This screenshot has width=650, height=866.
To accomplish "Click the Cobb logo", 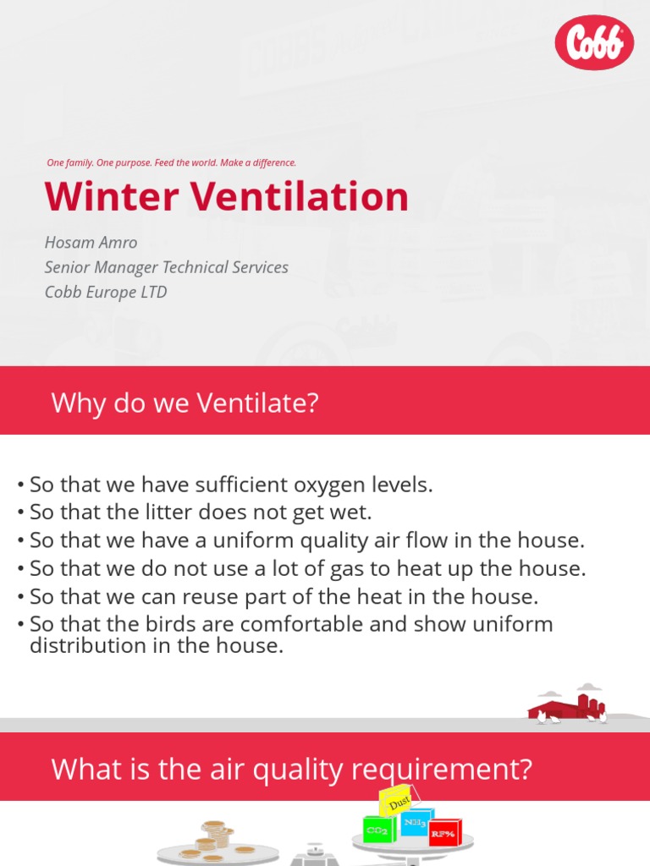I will click(x=594, y=42).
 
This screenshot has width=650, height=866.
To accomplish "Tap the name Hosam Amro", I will click(x=91, y=243).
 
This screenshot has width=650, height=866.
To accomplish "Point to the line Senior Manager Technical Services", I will click(x=166, y=267).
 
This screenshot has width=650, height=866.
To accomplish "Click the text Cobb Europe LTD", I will click(x=106, y=292).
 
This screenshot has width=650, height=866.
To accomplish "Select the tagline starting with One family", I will click(x=171, y=162).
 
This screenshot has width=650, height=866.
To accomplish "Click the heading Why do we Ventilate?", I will click(x=185, y=403).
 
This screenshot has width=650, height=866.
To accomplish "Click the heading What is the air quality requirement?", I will click(x=291, y=770).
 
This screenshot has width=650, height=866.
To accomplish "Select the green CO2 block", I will click(x=376, y=830).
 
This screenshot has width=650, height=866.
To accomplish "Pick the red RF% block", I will click(x=444, y=833).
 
